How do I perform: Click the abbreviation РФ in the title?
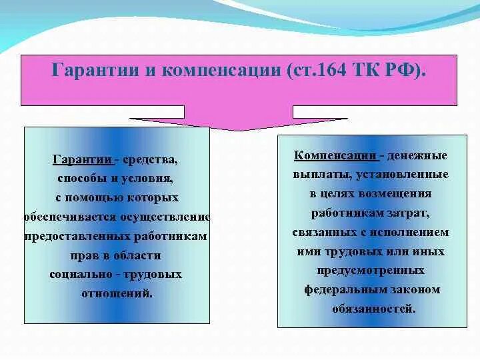pyautogui.click(x=402, y=71)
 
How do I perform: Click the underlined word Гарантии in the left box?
pyautogui.click(x=82, y=160)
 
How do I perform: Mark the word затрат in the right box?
pyautogui.click(x=408, y=213)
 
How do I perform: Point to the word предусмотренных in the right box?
pyautogui.click(x=372, y=271)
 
